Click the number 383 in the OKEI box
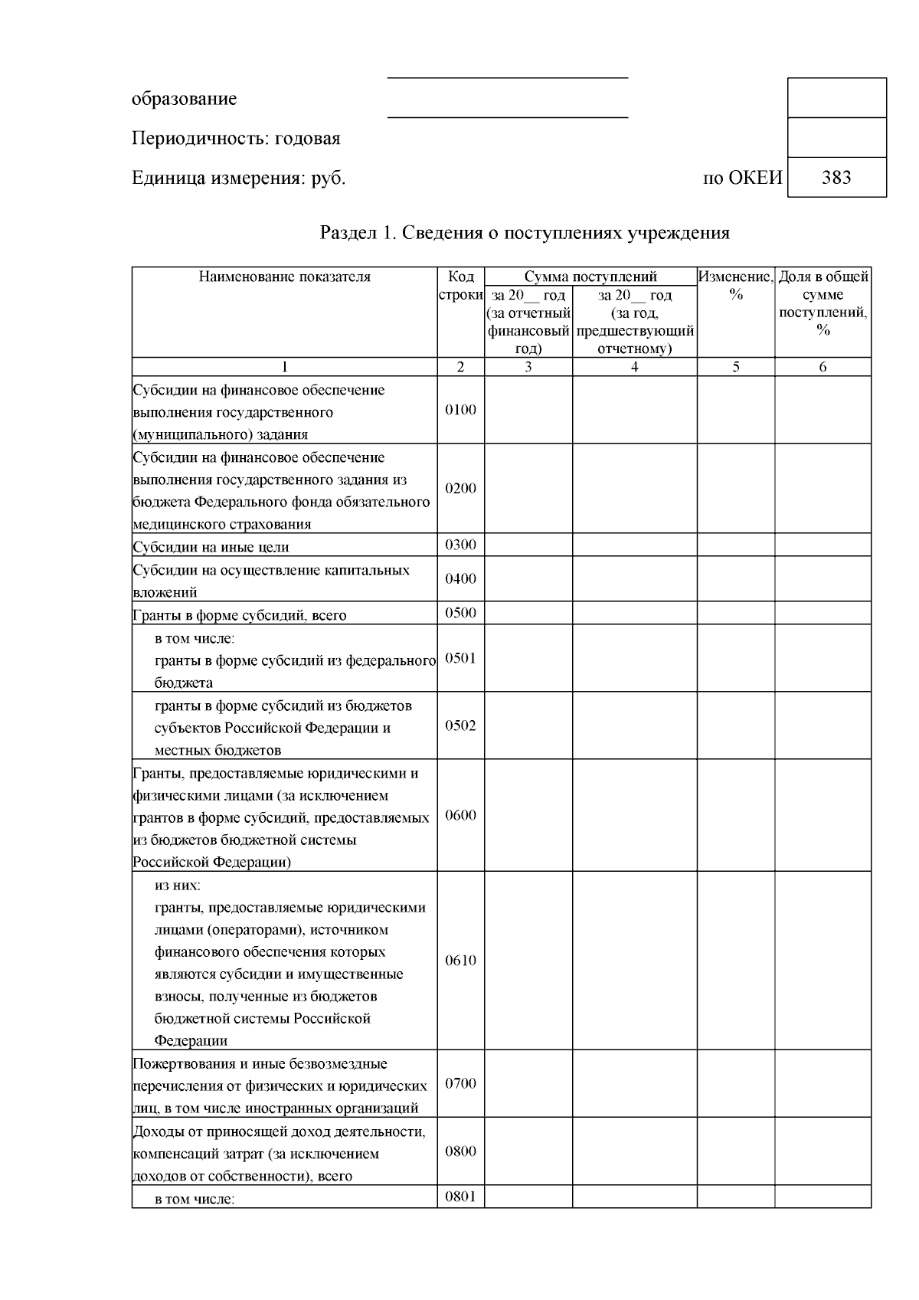pos(836,178)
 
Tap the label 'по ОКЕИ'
pos(742,178)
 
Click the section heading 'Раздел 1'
pos(524,233)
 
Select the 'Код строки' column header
pos(460,286)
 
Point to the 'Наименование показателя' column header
pos(284,277)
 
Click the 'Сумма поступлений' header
pos(590,277)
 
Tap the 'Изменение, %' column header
pos(735,285)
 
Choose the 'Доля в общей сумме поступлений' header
pos(823,303)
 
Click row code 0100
pos(460,410)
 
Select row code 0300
pos(460,545)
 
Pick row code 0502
pos(460,725)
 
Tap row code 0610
pos(460,961)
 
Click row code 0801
pos(460,1196)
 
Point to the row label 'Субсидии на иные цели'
pos(211,547)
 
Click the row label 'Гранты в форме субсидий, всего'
pos(239,615)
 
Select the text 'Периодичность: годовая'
pos(236,139)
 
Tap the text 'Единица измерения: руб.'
pos(238,178)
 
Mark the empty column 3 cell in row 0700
pos(528,1083)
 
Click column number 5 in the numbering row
pos(735,367)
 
